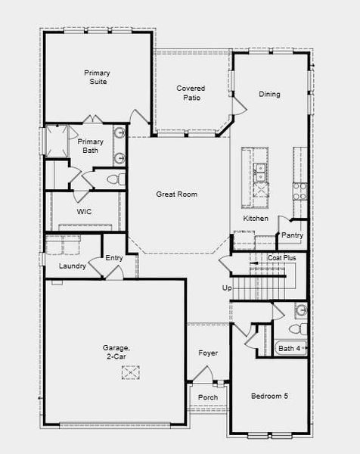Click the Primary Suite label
pyautogui.click(x=97, y=77)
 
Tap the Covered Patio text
pyautogui.click(x=191, y=93)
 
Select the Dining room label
pyautogui.click(x=269, y=95)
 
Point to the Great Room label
pyautogui.click(x=176, y=194)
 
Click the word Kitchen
pyautogui.click(x=256, y=219)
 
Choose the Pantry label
pyautogui.click(x=292, y=235)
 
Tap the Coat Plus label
pyautogui.click(x=282, y=258)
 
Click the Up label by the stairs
pyautogui.click(x=226, y=288)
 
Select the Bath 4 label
pyautogui.click(x=290, y=348)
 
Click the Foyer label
pyautogui.click(x=208, y=353)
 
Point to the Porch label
pyautogui.click(x=208, y=398)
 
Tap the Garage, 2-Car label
pyautogui.click(x=116, y=353)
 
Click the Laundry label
pyautogui.click(x=73, y=266)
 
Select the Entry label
pyautogui.click(x=114, y=258)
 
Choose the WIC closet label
pyautogui.click(x=84, y=213)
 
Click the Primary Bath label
pyautogui.click(x=90, y=146)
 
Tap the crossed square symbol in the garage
pyautogui.click(x=132, y=372)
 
